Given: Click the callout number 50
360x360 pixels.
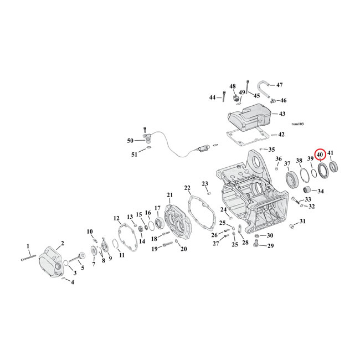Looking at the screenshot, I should [131, 141].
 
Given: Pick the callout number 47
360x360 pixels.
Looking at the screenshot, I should [279, 85].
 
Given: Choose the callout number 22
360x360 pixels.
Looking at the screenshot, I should [187, 188].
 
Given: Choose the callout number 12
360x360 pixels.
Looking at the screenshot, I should [116, 218].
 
